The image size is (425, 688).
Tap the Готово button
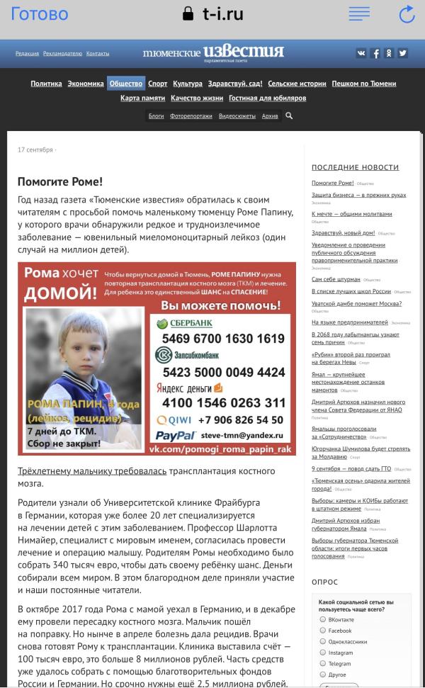coord(40,14)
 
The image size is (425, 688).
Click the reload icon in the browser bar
coord(407,14)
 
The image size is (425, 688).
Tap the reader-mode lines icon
coord(359,14)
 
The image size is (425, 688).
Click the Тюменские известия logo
coord(212,52)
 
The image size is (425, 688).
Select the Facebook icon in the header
coord(375,53)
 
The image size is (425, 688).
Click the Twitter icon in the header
coord(402,53)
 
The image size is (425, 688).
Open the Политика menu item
coord(46,84)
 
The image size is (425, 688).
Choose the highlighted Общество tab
coord(126,84)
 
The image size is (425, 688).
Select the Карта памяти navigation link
coord(142,98)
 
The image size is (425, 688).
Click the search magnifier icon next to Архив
coord(289,115)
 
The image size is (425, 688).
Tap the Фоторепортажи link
coord(191,115)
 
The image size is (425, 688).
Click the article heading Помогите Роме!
coord(60,182)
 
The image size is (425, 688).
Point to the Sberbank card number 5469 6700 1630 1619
coord(223,339)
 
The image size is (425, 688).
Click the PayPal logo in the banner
coord(175,436)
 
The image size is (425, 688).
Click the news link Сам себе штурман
coord(336,279)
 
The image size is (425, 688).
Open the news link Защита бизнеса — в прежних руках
coord(359,195)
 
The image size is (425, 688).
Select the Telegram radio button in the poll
coord(323,664)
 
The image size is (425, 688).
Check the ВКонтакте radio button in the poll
coord(323,619)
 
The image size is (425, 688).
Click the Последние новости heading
coord(355,167)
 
